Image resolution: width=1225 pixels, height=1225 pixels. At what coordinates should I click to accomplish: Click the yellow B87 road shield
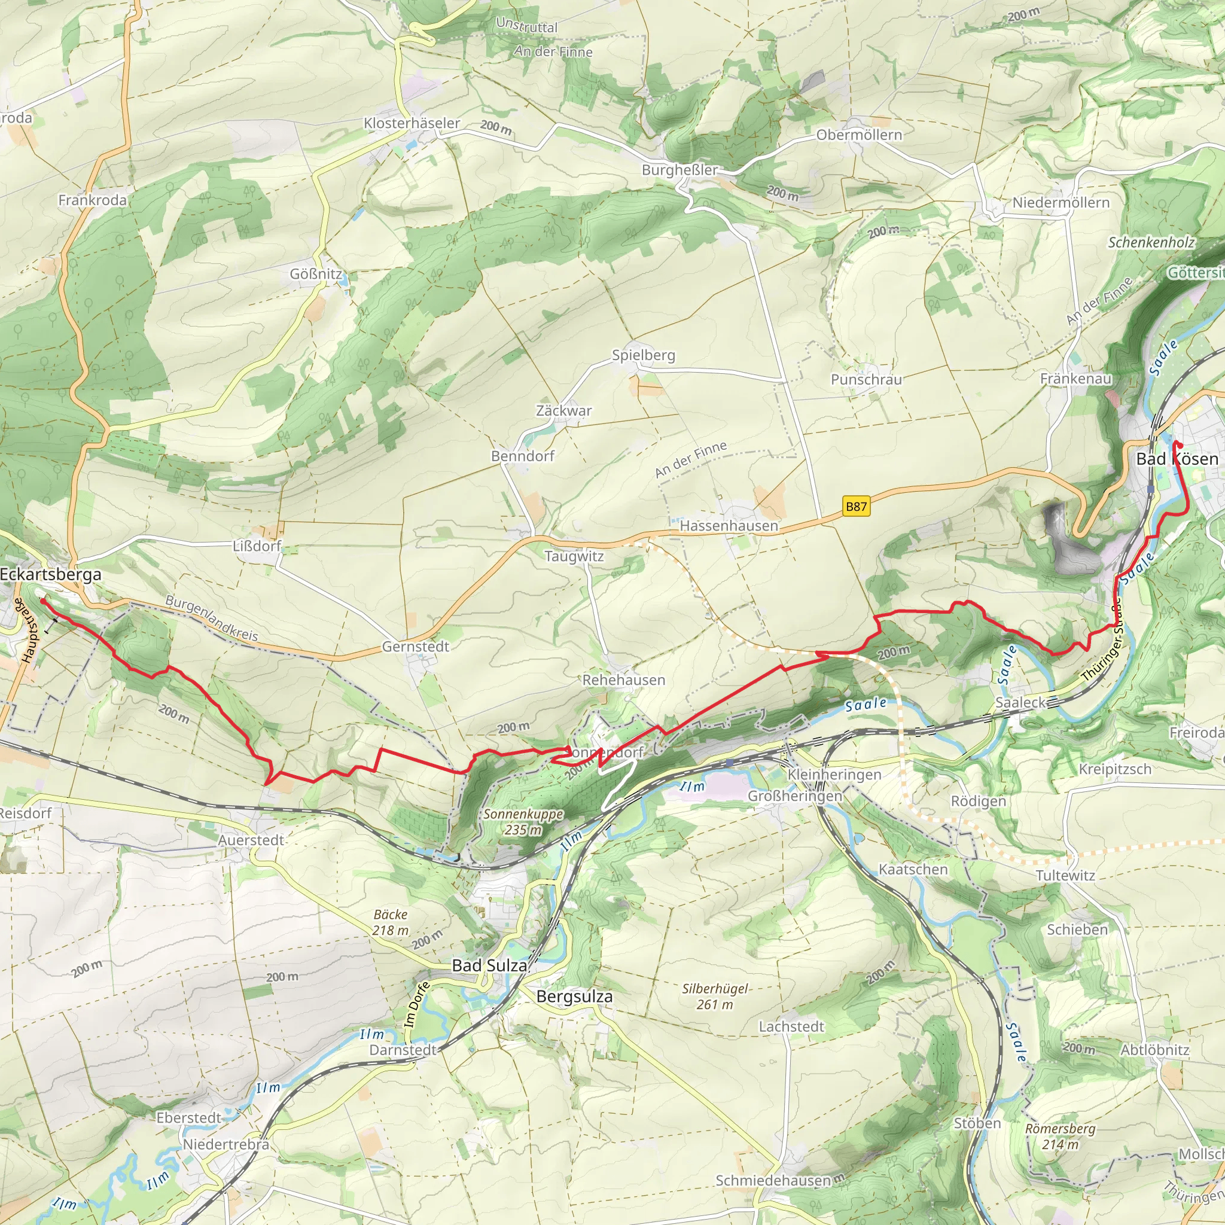[856, 507]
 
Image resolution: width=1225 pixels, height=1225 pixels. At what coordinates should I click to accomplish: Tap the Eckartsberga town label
[51, 574]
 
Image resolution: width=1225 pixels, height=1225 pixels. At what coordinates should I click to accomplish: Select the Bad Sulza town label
[489, 965]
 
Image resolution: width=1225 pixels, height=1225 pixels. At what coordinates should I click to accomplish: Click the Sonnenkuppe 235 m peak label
[523, 822]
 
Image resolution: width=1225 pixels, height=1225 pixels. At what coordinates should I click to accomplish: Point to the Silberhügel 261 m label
[715, 996]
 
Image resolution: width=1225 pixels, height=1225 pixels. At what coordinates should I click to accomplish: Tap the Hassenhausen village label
[729, 526]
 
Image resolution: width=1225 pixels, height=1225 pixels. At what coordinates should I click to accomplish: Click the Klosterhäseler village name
[412, 123]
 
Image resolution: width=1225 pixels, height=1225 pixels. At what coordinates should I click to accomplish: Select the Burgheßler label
[679, 170]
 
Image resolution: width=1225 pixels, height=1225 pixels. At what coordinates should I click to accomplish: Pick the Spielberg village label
[643, 355]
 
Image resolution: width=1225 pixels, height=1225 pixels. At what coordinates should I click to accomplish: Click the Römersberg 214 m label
[1060, 1136]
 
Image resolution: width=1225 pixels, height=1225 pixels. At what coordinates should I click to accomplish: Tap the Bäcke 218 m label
[390, 922]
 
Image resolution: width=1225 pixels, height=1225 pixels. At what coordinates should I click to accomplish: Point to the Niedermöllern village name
[1061, 203]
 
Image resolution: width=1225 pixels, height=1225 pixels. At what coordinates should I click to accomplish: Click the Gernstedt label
[415, 647]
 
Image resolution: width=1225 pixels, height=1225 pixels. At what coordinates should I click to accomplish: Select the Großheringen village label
[794, 796]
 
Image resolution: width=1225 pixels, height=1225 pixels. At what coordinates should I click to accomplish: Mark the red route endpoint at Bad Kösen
[1180, 444]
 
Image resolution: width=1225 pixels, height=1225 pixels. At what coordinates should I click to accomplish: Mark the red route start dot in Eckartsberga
[42, 600]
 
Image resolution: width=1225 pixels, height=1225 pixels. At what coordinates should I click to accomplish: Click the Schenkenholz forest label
[1151, 242]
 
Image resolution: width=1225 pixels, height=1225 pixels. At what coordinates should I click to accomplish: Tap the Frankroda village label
[93, 200]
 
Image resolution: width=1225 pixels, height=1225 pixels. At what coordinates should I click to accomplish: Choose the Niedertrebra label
[226, 1144]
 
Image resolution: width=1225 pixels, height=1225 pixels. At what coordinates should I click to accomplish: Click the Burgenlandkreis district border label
[211, 618]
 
